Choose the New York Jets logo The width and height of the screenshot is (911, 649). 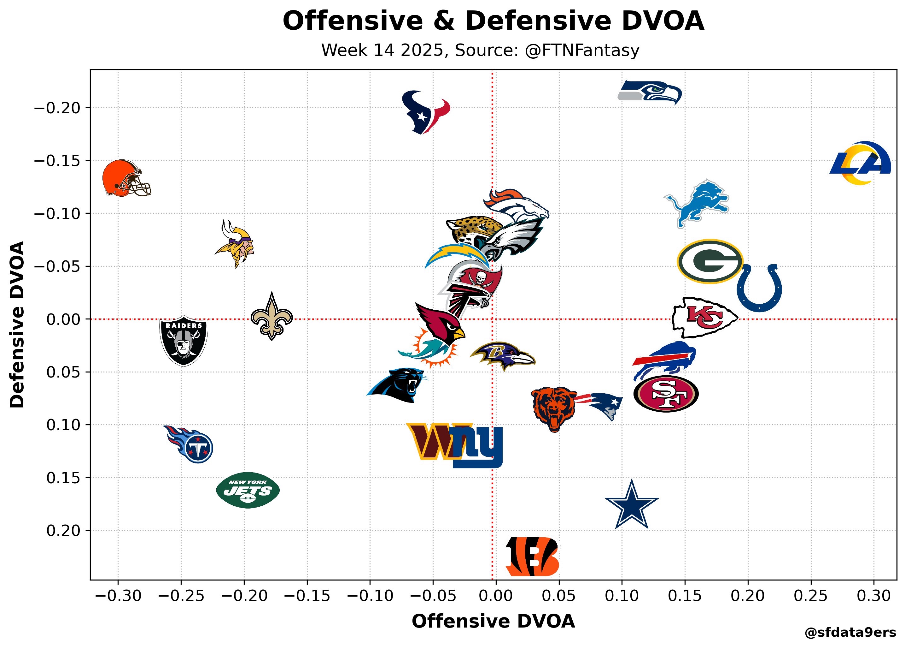[x=248, y=490]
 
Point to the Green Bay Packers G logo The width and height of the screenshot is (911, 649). [x=710, y=261]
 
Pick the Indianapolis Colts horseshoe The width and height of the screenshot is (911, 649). [x=759, y=289]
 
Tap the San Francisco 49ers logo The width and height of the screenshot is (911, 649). [x=666, y=394]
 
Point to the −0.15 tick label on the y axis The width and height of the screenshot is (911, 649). [x=57, y=161]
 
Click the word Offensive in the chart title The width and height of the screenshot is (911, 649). [x=353, y=21]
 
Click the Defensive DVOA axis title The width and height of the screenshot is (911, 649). [x=17, y=324]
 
